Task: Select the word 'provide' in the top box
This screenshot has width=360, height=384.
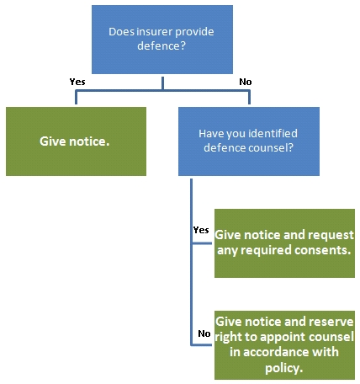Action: tap(194, 32)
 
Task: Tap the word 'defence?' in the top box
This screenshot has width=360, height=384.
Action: tap(161, 45)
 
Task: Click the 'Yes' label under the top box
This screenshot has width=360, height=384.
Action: tap(77, 82)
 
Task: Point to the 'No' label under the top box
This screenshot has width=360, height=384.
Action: tap(246, 82)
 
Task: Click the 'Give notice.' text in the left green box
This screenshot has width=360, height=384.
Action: tap(74, 141)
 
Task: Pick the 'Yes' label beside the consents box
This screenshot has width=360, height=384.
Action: tap(201, 230)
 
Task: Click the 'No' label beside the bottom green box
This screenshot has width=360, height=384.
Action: tap(204, 333)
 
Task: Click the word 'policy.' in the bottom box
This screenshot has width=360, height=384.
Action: tap(284, 368)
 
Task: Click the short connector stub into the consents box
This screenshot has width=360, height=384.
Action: tap(202, 243)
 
